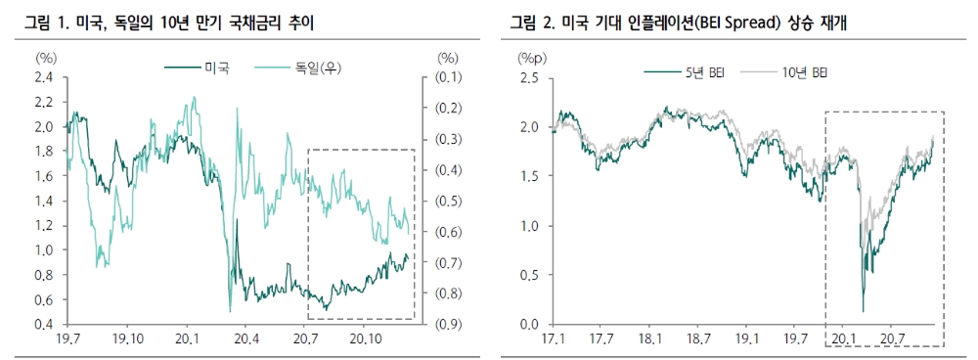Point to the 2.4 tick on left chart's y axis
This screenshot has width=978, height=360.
tap(43, 77)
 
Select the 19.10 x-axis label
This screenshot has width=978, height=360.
tap(128, 339)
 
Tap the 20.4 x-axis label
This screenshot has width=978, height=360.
tap(246, 339)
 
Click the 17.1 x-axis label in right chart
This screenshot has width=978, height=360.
tap(554, 339)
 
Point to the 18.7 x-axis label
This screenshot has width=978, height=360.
tap(699, 339)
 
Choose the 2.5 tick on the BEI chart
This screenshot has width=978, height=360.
tap(528, 77)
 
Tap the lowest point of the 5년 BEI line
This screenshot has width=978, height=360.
tap(863, 311)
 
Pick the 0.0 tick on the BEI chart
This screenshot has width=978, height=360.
tap(528, 325)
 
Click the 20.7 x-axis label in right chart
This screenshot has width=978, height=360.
tap(891, 339)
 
